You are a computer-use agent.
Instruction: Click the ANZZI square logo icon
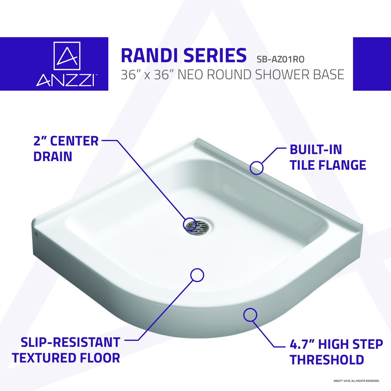[x=67, y=56]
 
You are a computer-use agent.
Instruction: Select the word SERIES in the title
[x=215, y=56]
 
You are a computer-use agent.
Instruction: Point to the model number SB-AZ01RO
[x=280, y=59]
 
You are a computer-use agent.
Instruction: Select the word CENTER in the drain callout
[x=74, y=141]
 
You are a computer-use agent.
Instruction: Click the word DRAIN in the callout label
[x=53, y=157]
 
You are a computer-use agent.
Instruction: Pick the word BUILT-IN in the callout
[x=316, y=150]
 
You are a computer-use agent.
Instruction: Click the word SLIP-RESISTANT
[x=70, y=343]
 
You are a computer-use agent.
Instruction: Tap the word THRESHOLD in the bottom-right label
[x=327, y=360]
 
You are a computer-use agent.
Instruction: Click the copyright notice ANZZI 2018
[x=357, y=381]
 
